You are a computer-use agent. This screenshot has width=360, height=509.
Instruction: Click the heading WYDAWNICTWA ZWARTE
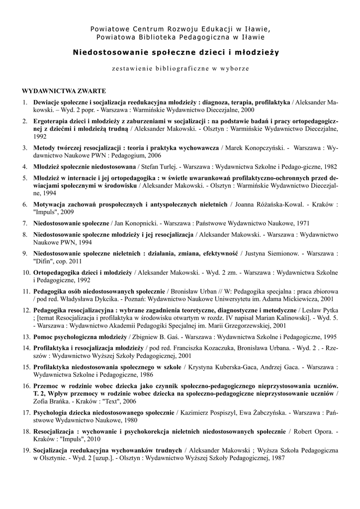63,91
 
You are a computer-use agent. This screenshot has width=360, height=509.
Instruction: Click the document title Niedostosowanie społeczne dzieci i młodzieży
176,52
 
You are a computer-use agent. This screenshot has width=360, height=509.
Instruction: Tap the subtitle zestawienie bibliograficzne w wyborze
180,68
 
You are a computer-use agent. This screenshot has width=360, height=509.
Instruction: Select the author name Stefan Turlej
160,167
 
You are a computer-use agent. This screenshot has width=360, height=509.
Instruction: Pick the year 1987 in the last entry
275,457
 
